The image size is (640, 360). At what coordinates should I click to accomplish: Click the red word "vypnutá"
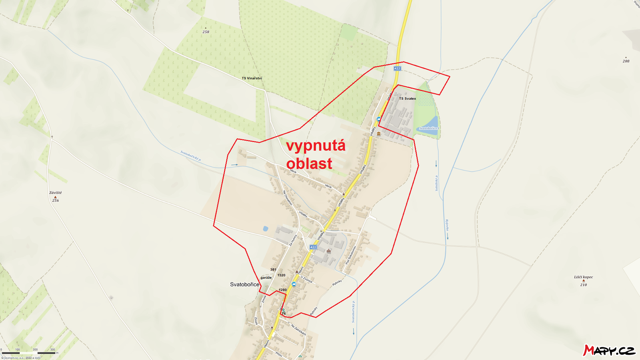click(x=316, y=146)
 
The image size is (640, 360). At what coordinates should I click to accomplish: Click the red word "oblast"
click(x=309, y=163)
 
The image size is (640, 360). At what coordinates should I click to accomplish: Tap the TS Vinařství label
click(x=252, y=78)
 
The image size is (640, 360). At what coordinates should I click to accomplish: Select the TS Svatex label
click(x=407, y=98)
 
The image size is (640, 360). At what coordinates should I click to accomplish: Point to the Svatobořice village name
click(x=244, y=284)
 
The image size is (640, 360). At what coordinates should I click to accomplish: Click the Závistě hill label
click(x=56, y=193)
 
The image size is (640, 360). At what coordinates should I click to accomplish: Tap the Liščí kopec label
click(x=583, y=277)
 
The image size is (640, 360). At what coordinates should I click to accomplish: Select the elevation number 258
click(x=206, y=32)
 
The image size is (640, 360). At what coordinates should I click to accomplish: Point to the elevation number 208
click(x=626, y=61)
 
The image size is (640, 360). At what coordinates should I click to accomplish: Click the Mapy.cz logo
click(x=609, y=350)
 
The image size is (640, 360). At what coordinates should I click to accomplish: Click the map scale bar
click(x=28, y=353)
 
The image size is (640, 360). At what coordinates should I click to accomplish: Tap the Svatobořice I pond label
click(x=429, y=128)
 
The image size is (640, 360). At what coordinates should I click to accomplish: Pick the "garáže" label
click(x=266, y=278)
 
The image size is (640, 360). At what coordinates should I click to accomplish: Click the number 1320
click(x=281, y=275)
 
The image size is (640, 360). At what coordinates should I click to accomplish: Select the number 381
click(x=273, y=270)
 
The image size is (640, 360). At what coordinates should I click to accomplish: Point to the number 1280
click(x=282, y=290)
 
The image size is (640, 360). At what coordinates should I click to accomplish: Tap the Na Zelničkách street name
click(x=299, y=330)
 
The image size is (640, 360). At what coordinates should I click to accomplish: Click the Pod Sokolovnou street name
click(x=351, y=255)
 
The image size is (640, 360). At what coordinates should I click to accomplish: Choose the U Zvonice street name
click(x=306, y=279)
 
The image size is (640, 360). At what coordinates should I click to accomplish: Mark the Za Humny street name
click(x=293, y=240)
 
